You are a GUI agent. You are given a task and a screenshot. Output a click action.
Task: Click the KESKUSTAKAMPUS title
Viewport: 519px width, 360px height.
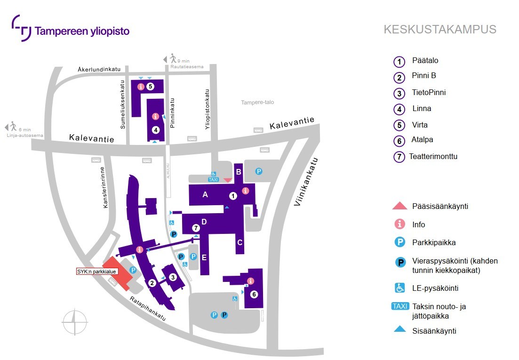(440, 30)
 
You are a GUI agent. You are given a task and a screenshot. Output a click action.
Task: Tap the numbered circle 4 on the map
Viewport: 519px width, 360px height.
(156, 130)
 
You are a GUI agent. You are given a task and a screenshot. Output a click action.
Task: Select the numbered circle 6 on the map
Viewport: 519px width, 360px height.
(254, 295)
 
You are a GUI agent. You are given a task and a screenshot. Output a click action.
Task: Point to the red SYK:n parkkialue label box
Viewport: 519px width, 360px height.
(97, 272)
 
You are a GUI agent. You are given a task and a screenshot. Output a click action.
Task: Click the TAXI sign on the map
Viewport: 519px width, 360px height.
(213, 179)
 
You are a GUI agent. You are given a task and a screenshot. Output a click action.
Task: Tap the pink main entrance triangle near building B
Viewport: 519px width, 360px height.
(228, 180)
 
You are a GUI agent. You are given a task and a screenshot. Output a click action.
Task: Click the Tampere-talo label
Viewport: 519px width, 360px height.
(257, 103)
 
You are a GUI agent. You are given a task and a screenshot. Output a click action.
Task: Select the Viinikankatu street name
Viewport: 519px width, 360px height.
(305, 181)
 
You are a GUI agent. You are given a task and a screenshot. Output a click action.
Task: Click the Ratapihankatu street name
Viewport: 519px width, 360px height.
(148, 309)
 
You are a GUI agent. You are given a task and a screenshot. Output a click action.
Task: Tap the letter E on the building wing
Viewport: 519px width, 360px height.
(204, 257)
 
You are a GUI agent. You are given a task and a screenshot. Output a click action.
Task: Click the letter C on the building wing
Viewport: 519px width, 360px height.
(240, 243)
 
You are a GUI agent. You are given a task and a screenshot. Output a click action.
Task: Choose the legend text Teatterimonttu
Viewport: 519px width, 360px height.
(433, 157)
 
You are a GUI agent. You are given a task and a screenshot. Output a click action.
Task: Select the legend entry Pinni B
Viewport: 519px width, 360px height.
(424, 76)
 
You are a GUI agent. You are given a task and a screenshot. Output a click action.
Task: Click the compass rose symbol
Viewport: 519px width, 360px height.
(75, 323)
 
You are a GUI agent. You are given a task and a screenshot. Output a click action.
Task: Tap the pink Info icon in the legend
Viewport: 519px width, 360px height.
(399, 224)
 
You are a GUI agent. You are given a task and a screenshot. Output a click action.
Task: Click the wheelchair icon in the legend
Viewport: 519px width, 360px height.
(399, 288)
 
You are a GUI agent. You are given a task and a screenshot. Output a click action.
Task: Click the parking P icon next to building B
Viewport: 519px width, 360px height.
(258, 172)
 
